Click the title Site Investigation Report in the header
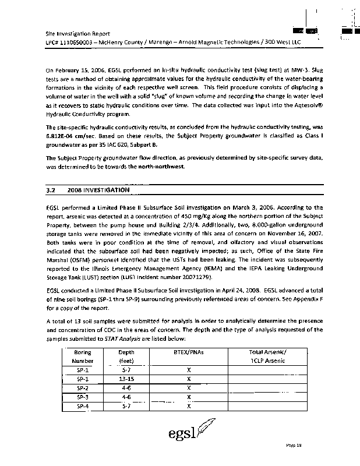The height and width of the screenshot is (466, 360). [77, 34]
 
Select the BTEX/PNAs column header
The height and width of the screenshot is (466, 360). [189, 352]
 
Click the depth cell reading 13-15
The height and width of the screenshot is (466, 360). [126, 378]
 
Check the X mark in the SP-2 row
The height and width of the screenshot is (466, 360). [189, 387]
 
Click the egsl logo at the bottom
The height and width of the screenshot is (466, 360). [187, 434]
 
